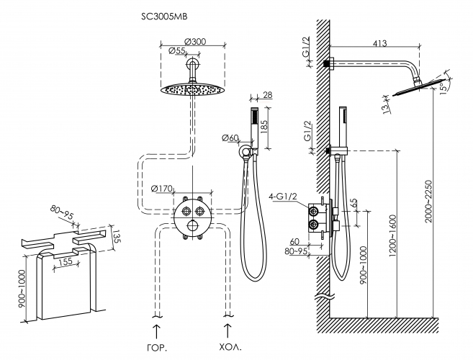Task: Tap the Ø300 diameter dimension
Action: [x=195, y=40]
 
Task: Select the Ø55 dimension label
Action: [x=176, y=50]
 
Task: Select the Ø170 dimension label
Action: [x=163, y=189]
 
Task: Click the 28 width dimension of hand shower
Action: [x=268, y=96]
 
